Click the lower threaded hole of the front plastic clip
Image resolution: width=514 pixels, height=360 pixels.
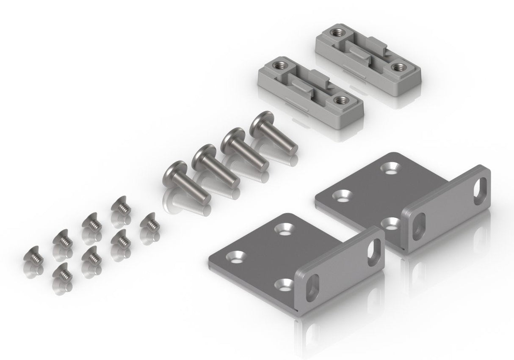tap(340, 100)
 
